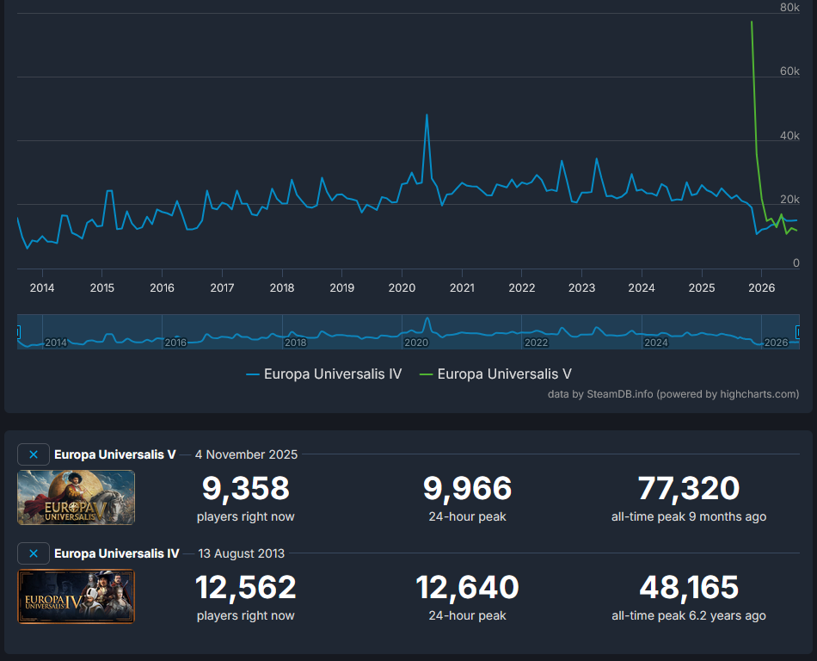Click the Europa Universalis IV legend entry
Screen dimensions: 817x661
pos(323,374)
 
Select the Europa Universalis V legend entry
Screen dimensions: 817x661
pos(495,374)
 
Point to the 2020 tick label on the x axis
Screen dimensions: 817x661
pos(402,287)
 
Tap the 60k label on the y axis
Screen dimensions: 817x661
pos(789,71)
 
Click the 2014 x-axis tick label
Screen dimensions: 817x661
pos(42,287)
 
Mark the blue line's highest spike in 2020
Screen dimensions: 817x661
pos(427,114)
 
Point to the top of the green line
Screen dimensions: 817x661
pos(752,22)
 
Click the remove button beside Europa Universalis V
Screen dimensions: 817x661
pos(34,454)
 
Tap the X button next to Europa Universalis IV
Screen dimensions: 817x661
pos(34,553)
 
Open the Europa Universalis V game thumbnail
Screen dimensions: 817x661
pos(76,497)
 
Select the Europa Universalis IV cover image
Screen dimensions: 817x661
pos(76,596)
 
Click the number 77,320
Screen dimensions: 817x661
pos(689,489)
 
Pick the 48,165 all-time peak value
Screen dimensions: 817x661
pos(689,587)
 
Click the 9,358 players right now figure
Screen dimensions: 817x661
pos(245,489)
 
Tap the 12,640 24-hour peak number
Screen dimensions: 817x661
pos(467,587)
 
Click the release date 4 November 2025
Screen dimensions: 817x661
pos(247,454)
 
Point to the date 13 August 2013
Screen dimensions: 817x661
pos(242,553)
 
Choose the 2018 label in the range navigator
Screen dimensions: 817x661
pos(296,343)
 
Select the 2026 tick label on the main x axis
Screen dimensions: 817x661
pos(761,287)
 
